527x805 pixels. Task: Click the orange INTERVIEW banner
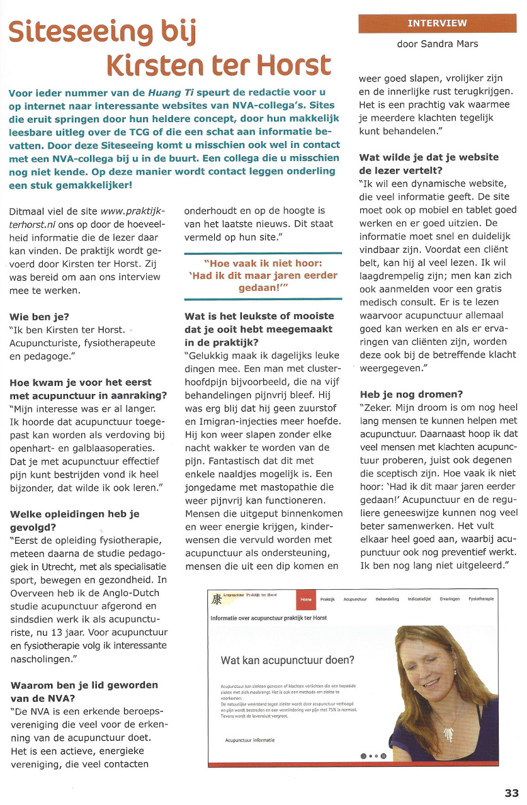437,23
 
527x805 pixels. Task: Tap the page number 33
511,793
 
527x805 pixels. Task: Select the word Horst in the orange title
296,65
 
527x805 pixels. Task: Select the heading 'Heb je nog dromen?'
411,394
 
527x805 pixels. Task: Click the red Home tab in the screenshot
306,599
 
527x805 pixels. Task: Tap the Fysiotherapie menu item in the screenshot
481,599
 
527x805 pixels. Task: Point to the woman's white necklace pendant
450,734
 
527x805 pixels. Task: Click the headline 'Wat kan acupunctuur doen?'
287,660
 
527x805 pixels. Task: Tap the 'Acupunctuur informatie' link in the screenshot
249,740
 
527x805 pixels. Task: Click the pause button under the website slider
383,756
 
